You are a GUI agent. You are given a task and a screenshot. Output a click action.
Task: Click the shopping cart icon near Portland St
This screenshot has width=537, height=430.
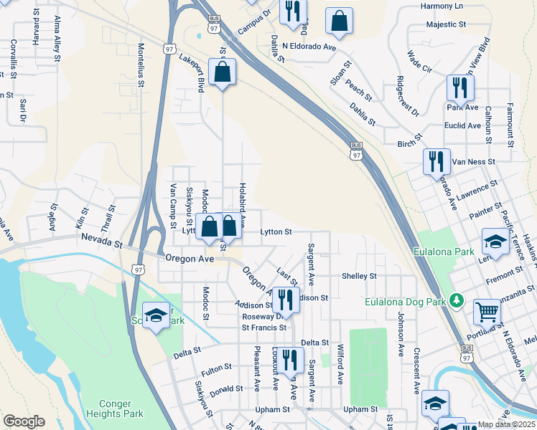(487, 312)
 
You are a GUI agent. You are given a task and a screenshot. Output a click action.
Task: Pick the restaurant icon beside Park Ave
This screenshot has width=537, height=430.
(459, 87)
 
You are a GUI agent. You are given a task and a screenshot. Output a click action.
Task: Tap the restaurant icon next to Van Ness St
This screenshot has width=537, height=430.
(436, 161)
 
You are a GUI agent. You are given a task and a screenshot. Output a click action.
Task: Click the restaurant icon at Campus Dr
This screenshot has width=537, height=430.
(293, 11)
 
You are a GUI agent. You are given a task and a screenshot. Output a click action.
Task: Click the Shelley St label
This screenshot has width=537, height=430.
(359, 276)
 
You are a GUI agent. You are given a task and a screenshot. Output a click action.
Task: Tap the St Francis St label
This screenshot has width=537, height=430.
(263, 328)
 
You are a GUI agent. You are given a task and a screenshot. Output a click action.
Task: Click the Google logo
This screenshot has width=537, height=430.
(24, 421)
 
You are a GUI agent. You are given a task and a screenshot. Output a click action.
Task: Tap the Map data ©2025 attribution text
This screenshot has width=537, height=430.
(507, 424)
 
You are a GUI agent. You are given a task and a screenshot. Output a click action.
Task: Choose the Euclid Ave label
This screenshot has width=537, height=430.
(463, 125)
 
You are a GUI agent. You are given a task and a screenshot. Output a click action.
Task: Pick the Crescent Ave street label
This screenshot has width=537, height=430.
(416, 371)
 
